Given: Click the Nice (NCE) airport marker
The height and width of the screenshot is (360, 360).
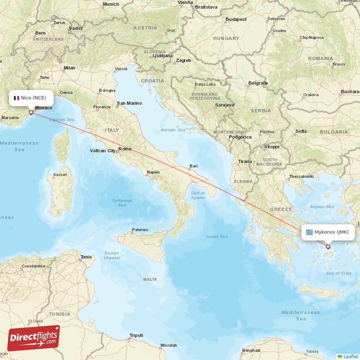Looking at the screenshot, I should pos(31,112).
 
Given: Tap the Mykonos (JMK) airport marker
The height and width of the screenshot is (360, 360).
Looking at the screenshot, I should pos(328,246).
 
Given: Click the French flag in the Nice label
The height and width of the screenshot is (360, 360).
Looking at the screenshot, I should pos(16,98).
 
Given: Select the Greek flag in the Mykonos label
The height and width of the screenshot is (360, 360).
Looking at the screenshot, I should pos(309,232).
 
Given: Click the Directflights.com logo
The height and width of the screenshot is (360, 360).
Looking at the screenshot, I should pos(34,338).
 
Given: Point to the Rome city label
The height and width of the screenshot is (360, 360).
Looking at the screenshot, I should pos(125,149).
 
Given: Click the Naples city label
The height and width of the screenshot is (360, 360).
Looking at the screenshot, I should pos(153,172).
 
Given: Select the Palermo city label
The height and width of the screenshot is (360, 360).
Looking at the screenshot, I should pos(140,230).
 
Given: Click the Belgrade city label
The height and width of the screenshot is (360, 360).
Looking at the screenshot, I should pos(258,83).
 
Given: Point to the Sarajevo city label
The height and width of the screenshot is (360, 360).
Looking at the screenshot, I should pos(225,105).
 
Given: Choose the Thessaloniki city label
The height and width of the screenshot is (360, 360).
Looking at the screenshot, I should pos(301,176).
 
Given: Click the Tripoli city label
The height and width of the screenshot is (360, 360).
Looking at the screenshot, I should pos(136,335).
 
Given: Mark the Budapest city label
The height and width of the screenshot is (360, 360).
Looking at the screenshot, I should pos(236,19).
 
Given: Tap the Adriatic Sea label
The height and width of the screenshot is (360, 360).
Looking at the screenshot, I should pos(173,130).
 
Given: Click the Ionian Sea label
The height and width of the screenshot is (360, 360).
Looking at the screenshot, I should pos(216,237).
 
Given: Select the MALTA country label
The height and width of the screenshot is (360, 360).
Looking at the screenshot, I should pos(150,279).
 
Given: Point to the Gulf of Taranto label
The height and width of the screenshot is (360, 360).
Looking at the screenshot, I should pos(198,195).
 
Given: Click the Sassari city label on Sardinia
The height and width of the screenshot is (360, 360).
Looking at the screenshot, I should pos(60,174).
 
